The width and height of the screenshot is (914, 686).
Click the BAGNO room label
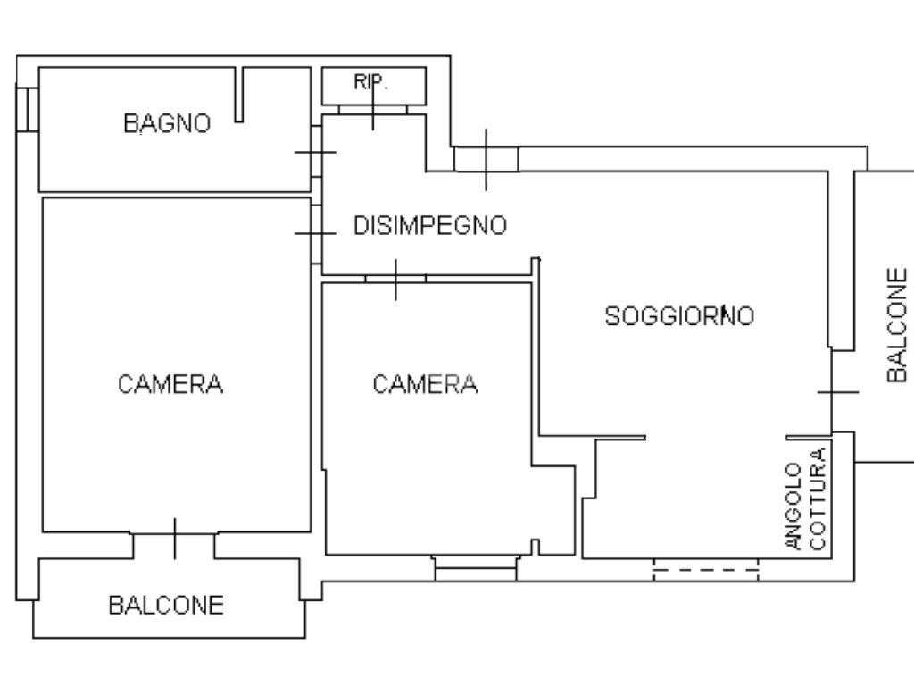click(167, 123)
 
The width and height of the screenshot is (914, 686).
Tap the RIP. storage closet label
click(370, 82)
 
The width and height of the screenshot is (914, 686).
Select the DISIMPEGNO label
click(430, 226)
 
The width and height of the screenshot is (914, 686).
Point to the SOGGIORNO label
click(679, 315)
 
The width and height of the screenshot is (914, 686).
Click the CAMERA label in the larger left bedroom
click(170, 384)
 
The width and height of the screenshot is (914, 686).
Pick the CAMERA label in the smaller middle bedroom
click(425, 384)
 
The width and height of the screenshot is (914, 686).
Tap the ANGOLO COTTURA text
click(806, 498)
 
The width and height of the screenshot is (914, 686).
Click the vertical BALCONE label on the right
click(897, 325)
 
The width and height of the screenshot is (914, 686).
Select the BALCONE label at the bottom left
click(166, 605)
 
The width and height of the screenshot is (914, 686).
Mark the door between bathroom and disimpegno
click(316, 152)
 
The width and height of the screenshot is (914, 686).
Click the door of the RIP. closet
click(373, 110)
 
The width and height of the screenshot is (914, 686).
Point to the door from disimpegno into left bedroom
click(316, 233)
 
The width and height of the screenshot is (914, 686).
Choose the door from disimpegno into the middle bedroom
click(395, 279)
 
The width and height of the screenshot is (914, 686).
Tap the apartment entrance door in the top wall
click(486, 159)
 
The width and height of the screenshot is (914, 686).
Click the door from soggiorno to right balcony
click(838, 392)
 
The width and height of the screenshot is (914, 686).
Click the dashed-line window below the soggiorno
click(706, 570)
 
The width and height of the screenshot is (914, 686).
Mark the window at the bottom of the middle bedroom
click(476, 568)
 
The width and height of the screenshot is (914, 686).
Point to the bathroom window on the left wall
click(28, 110)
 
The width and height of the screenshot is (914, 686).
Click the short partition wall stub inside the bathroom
click(239, 95)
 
